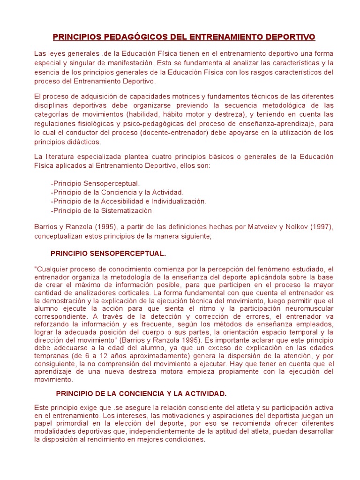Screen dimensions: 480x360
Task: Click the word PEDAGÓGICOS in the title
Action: click(121, 37)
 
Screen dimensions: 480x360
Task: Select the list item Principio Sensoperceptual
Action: click(95, 183)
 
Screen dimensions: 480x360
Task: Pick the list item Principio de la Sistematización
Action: click(102, 210)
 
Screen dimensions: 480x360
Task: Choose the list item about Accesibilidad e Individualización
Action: click(128, 201)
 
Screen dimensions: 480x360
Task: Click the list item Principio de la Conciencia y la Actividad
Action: click(117, 192)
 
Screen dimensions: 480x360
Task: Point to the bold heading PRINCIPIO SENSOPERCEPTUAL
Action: click(108, 254)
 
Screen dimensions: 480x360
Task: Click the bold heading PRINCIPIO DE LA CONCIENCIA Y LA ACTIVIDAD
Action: click(141, 393)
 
